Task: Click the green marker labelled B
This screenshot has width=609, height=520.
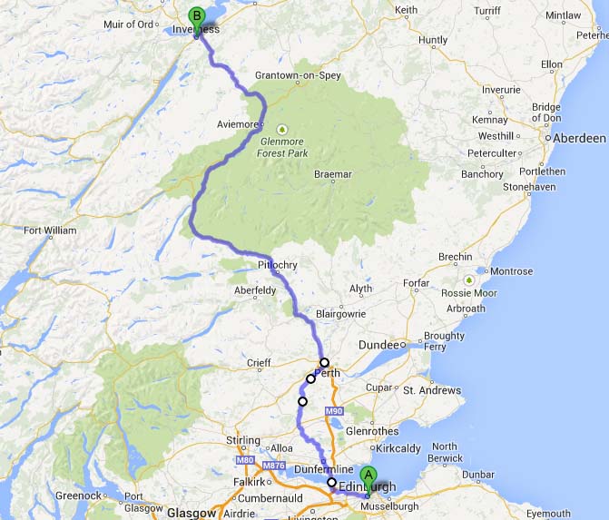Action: (x=196, y=16)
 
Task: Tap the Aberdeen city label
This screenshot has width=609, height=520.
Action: (x=582, y=138)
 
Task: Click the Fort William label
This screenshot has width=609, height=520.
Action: (x=51, y=231)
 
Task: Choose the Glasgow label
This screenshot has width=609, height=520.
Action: (x=191, y=512)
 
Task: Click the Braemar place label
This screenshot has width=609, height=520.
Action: (x=332, y=173)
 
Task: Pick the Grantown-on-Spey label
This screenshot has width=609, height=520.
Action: (x=298, y=75)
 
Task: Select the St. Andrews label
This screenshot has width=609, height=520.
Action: (x=432, y=391)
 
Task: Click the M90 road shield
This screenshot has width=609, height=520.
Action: (x=336, y=413)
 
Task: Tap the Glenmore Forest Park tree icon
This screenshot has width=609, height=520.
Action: (x=282, y=128)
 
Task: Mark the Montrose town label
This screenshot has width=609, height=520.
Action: (x=511, y=271)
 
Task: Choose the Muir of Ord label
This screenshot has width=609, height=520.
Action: (x=127, y=23)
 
